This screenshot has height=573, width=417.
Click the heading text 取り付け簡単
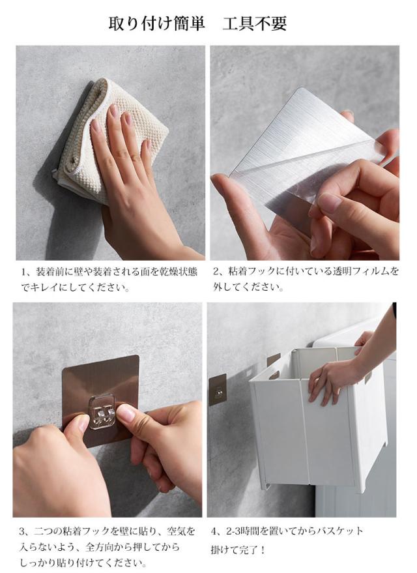click(x=156, y=23)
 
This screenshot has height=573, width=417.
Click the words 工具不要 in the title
click(x=255, y=23)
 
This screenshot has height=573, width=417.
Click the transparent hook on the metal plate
click(x=102, y=411)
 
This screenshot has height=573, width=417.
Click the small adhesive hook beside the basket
click(x=218, y=390)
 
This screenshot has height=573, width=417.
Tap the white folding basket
click(x=318, y=417)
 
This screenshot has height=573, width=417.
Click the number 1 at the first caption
click(x=23, y=272)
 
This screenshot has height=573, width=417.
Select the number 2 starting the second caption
click(x=216, y=272)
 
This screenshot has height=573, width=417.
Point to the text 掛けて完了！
click(x=238, y=550)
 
